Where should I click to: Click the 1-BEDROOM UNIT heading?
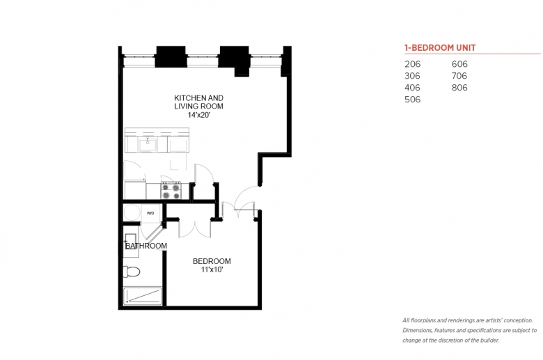pyautogui.click(x=440, y=48)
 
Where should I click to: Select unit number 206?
pyautogui.click(x=412, y=64)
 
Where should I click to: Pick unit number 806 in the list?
pyautogui.click(x=459, y=88)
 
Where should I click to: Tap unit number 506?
pyautogui.click(x=412, y=100)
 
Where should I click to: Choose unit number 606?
pyautogui.click(x=459, y=64)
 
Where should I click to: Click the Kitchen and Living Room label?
pyautogui.click(x=199, y=102)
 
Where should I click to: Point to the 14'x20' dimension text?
pyautogui.click(x=199, y=115)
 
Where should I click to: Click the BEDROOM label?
pyautogui.click(x=212, y=261)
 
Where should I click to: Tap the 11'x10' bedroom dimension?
pyautogui.click(x=212, y=269)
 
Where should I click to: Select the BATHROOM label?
pyautogui.click(x=146, y=246)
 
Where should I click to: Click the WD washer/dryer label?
pyautogui.click(x=150, y=213)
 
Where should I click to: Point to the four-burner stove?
pyautogui.click(x=171, y=191)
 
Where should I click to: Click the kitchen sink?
pyautogui.click(x=148, y=144)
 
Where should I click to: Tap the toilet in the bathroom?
pyautogui.click(x=132, y=272)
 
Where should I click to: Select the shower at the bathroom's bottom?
pyautogui.click(x=143, y=296)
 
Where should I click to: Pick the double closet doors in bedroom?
pyautogui.click(x=194, y=229)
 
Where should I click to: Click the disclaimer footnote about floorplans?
pyautogui.click(x=469, y=330)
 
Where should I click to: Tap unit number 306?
pyautogui.click(x=412, y=76)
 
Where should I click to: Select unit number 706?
pyautogui.click(x=459, y=76)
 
